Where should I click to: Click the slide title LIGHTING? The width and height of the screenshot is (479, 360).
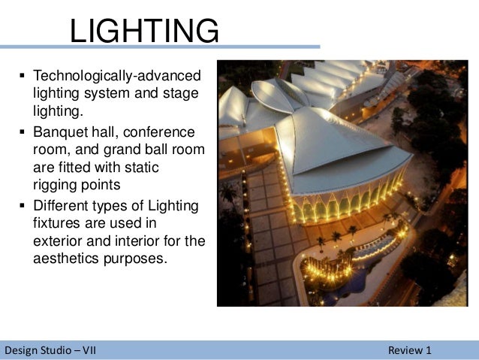[x=144, y=32]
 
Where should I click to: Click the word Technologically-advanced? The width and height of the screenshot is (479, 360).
[x=117, y=77]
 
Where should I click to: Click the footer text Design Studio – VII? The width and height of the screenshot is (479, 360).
[x=50, y=350]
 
